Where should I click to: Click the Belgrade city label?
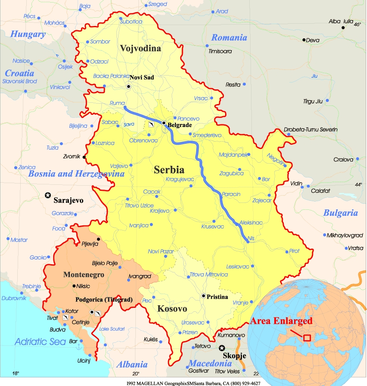tap(179, 125)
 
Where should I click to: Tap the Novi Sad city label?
tap(142, 77)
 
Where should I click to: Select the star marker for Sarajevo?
tap(48, 196)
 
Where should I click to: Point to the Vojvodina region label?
tap(141, 48)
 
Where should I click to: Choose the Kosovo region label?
tap(172, 309)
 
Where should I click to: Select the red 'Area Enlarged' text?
tap(281, 321)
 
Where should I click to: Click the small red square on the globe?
tap(307, 337)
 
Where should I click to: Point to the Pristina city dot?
tap(204, 296)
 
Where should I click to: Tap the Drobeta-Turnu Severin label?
tap(311, 130)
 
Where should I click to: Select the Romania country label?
tap(229, 38)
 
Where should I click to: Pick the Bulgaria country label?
tap(341, 212)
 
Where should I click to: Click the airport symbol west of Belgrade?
tap(151, 124)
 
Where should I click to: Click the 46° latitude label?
tap(358, 25)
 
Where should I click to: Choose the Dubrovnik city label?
tap(14, 298)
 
